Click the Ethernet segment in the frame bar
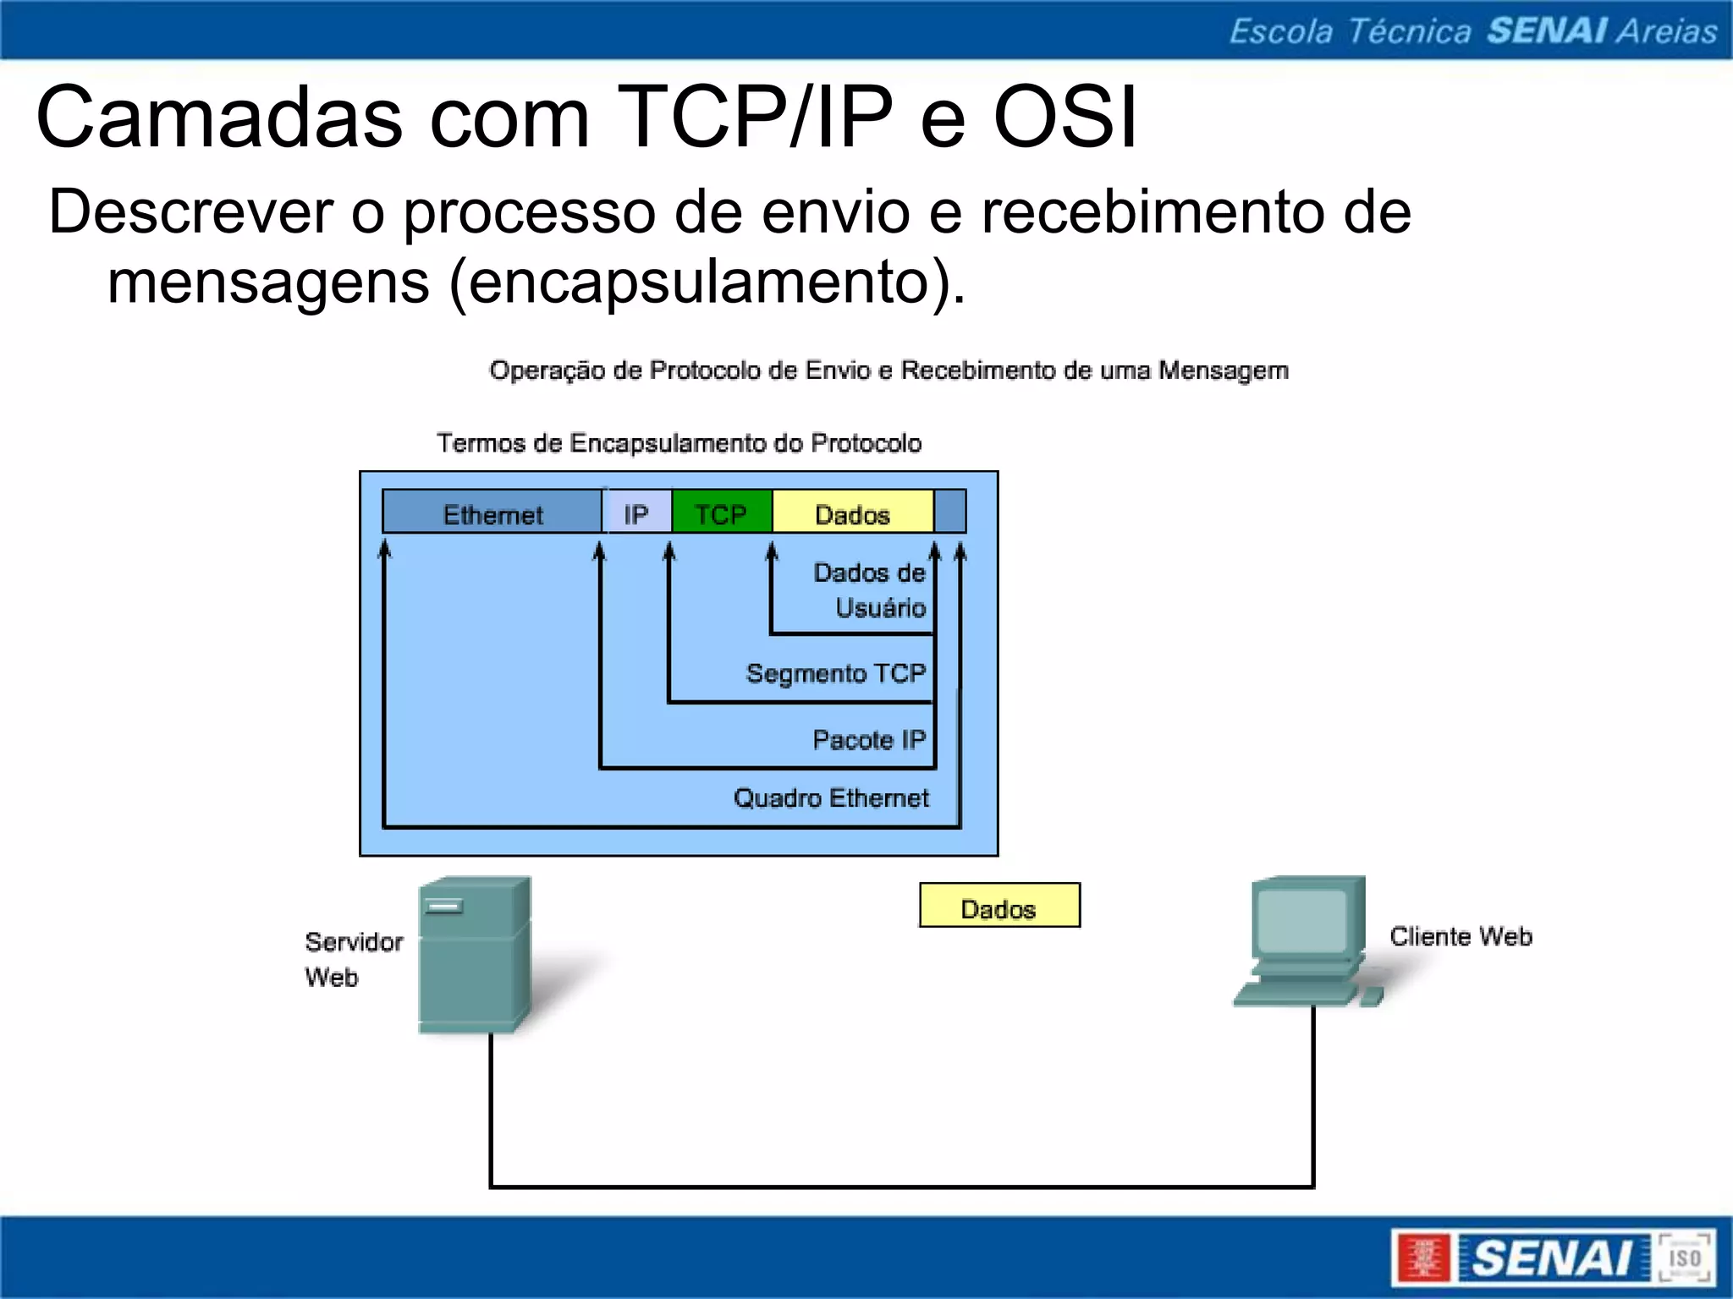click(492, 513)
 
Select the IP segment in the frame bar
click(636, 513)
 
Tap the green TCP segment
click(721, 513)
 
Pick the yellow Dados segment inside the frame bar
click(852, 513)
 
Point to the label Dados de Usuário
click(870, 589)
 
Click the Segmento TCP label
click(836, 673)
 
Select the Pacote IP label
click(869, 740)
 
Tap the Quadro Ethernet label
click(831, 797)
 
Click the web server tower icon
click(474, 954)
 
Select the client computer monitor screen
click(1301, 922)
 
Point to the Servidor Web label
click(353, 959)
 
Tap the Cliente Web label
click(1461, 936)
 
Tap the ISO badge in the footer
click(1684, 1258)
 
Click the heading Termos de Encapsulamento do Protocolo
click(679, 442)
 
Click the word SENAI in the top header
click(1547, 30)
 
